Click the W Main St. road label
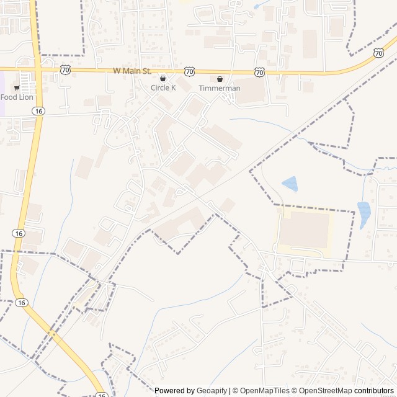(133, 71)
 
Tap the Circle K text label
(164, 88)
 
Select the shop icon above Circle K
(163, 79)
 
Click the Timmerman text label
(219, 88)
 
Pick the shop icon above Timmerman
(219, 79)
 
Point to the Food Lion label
(17, 97)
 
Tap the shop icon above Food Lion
(17, 88)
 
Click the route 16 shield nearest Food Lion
(39, 110)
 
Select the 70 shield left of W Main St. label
(66, 69)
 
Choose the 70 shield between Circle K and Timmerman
(189, 72)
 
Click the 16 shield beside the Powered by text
(101, 393)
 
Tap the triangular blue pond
(290, 184)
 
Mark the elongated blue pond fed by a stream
(364, 214)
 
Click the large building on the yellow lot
(304, 230)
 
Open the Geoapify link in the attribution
(212, 391)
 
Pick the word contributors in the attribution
(374, 391)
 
